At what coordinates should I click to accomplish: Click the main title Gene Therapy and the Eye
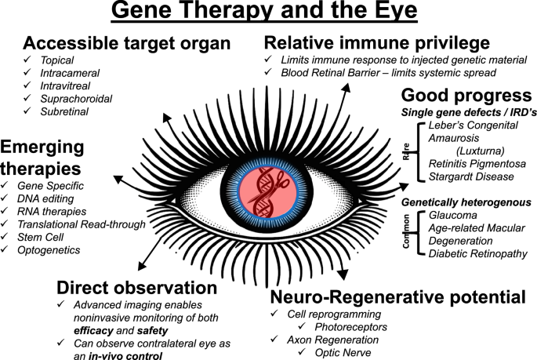[268, 13]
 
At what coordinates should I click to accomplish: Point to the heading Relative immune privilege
[376, 42]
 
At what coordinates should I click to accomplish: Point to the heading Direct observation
[136, 288]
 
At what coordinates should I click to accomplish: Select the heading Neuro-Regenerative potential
[397, 297]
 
